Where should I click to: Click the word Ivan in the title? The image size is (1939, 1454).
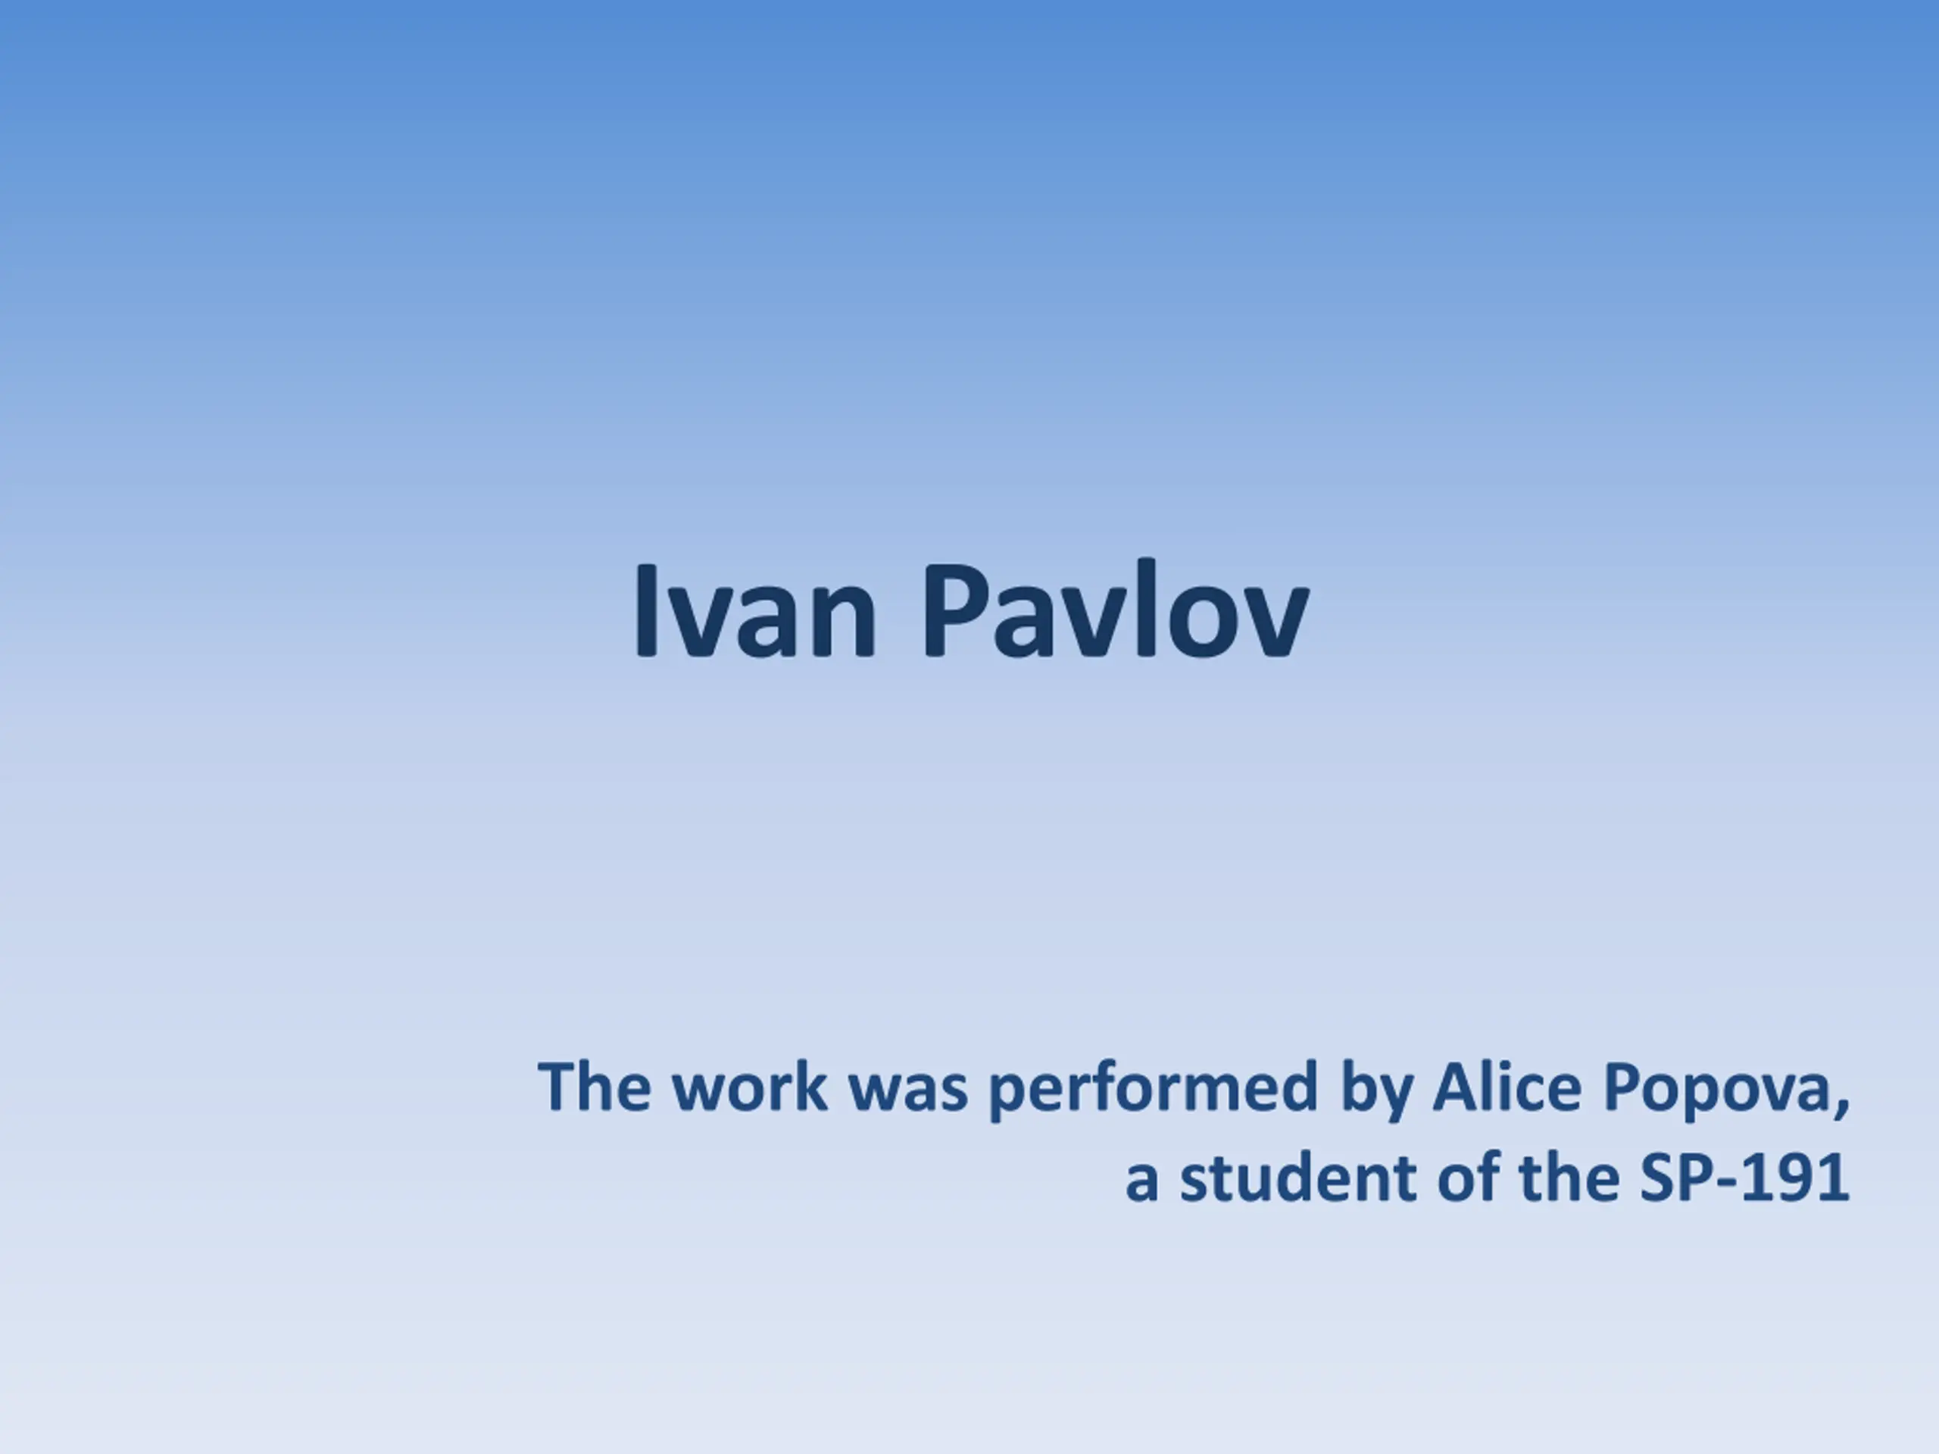[754, 609]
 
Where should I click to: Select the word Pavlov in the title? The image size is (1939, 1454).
[1116, 609]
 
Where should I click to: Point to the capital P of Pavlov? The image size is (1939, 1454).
[957, 609]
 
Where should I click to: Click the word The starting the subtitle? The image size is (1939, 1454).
[595, 1087]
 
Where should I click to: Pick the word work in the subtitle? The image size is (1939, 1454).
[751, 1087]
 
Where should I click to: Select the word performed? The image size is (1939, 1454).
[1154, 1090]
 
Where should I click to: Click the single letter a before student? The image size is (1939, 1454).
[1142, 1183]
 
